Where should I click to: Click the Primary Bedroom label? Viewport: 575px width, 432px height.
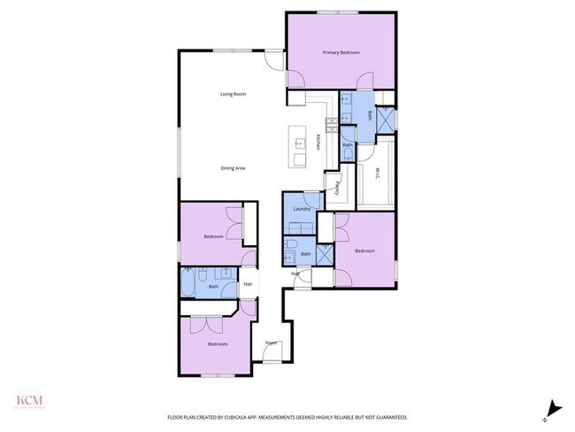point(341,53)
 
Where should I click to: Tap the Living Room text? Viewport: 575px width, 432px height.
point(233,94)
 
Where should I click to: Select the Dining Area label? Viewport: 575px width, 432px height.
point(233,168)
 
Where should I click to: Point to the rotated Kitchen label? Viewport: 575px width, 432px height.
point(318,141)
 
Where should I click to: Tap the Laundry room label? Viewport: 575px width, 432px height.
point(302,209)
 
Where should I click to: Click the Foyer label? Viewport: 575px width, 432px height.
point(271,343)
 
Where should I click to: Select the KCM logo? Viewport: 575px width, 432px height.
point(29,401)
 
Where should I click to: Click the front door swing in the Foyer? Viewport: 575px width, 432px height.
point(273,354)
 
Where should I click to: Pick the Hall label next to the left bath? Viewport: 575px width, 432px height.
point(248,283)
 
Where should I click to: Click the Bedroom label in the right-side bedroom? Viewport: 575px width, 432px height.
point(365,251)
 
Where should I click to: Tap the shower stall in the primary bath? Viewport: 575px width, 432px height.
point(386,120)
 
